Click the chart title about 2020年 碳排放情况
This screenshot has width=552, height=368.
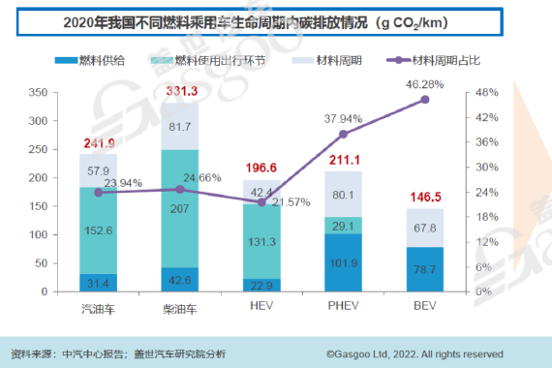tap(276, 20)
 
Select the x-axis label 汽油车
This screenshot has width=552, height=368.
tap(99, 308)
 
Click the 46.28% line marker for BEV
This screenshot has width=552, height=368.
tap(424, 100)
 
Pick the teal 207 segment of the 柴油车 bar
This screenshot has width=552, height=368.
tap(180, 207)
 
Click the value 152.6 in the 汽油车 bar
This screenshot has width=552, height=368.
tap(99, 230)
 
